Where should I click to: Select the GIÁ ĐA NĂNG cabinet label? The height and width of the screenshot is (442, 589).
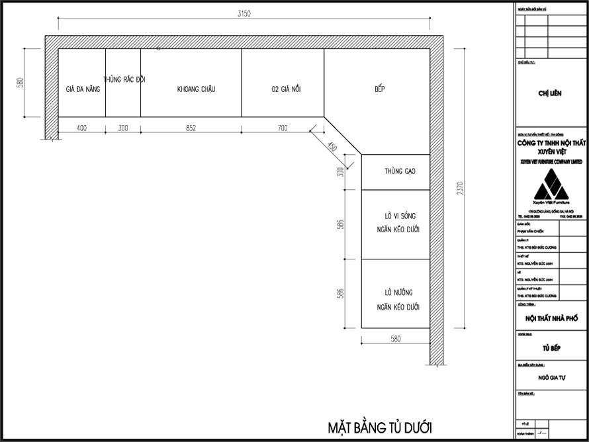click(x=83, y=89)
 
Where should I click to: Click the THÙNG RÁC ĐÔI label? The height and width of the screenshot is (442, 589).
click(x=124, y=79)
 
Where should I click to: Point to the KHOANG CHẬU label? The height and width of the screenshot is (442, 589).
click(x=196, y=89)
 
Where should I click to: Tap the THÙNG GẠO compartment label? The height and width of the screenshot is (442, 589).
click(x=400, y=171)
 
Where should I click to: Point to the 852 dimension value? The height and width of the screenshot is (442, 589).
click(x=191, y=128)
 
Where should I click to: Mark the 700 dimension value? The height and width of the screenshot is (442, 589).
click(x=283, y=128)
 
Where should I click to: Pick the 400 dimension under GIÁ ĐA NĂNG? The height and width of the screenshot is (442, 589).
click(x=82, y=128)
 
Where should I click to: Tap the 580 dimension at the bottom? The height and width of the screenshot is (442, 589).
click(x=395, y=339)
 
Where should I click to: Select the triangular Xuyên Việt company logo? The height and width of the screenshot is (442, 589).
click(x=551, y=185)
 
